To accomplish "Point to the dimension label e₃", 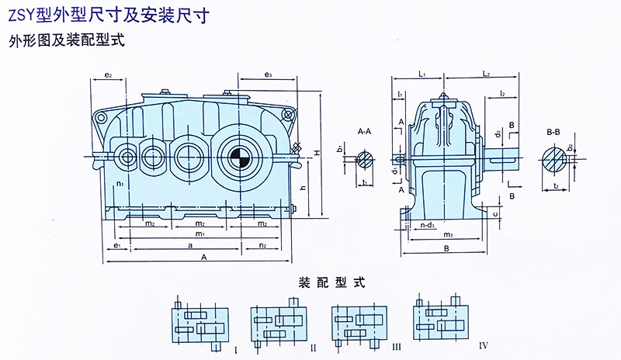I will point(266,74).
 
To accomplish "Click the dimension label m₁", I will point(199,234).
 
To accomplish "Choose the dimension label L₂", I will point(485,74).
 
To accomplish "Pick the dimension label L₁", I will point(421,74).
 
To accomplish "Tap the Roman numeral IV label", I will point(483,342).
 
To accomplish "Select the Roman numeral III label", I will point(397,342).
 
